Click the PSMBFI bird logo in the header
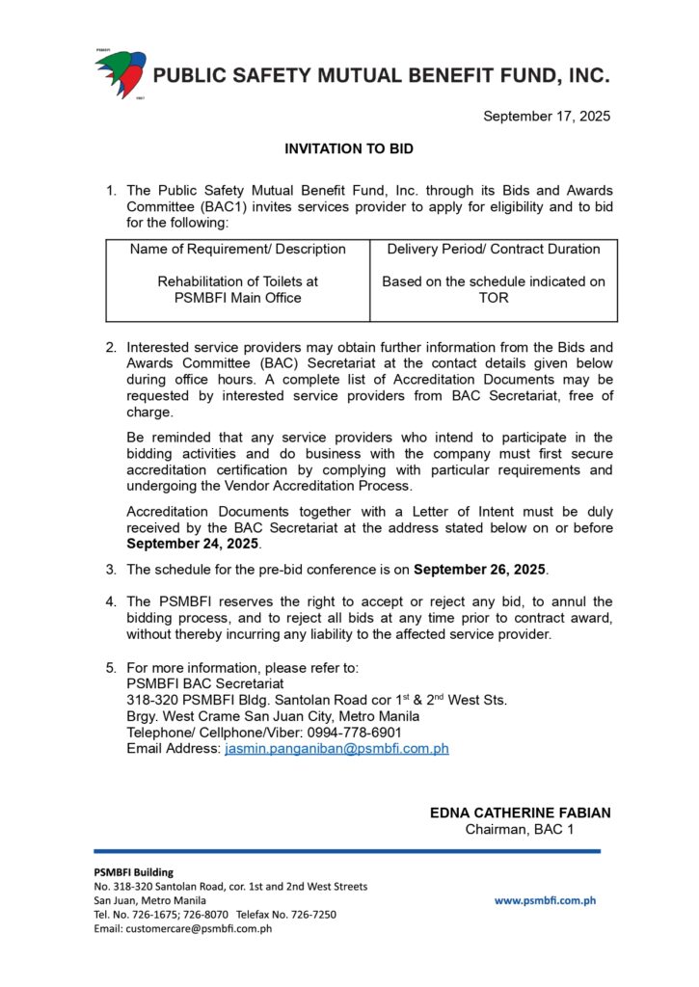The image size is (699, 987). [120, 73]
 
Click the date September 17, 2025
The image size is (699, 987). [547, 117]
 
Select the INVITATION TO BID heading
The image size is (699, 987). [349, 149]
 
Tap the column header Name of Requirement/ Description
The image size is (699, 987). [238, 249]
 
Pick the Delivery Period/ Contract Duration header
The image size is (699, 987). [494, 249]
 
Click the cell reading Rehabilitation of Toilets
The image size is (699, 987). [238, 289]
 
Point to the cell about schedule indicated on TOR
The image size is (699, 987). [494, 289]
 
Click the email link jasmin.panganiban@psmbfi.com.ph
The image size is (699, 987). [336, 748]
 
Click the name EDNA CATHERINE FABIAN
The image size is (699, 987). [520, 813]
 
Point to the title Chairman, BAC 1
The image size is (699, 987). [520, 829]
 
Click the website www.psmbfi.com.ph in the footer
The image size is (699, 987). [545, 900]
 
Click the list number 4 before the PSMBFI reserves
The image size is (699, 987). [110, 601]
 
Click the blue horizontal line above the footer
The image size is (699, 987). [347, 851]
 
